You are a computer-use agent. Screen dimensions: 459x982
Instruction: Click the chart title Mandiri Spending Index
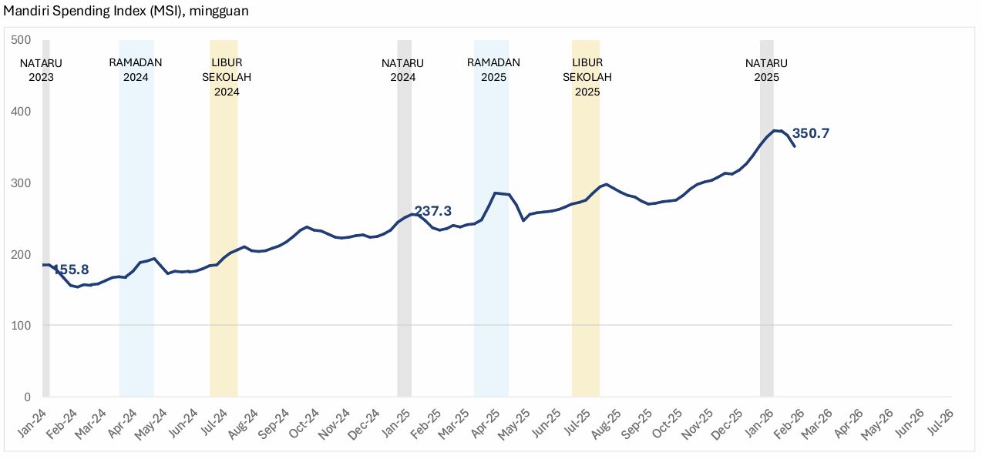pos(125,11)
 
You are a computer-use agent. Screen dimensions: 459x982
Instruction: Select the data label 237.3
pos(432,211)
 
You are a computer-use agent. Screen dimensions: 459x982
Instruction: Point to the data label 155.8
pos(70,270)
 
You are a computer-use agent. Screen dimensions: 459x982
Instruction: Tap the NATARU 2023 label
pos(41,70)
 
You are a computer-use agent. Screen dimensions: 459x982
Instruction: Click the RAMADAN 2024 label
pos(136,70)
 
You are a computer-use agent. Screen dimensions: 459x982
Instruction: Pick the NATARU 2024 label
pos(403,70)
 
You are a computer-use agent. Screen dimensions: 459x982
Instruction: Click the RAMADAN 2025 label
pos(493,70)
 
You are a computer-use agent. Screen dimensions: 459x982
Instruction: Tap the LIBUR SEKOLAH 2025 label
pos(587,77)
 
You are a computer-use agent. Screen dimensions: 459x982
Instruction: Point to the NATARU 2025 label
pos(767,70)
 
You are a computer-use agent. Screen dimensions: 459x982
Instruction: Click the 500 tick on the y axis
pos(21,40)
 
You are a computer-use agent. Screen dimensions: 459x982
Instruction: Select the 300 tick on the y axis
pos(21,183)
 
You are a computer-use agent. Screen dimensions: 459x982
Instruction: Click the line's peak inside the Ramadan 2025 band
pos(496,193)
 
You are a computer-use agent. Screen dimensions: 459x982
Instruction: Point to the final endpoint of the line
pos(795,146)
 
